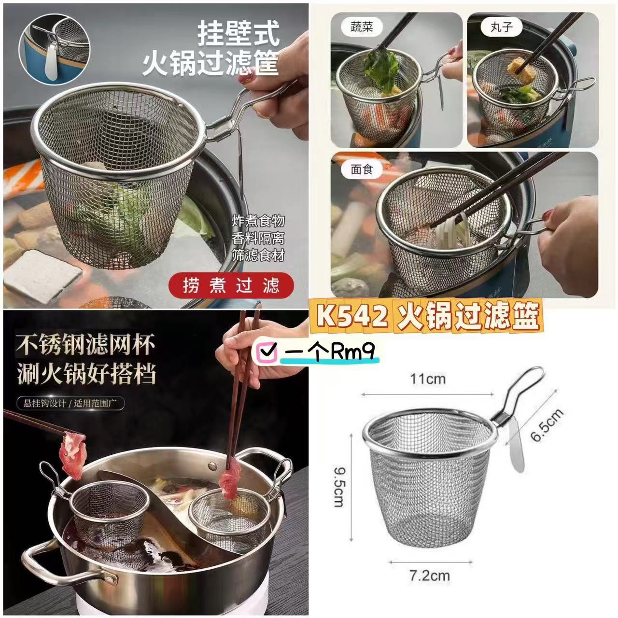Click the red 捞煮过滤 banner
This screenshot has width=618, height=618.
231,285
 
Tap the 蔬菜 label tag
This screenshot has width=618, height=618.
362,27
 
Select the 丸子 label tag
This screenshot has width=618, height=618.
501,27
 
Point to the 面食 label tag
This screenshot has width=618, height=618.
362,169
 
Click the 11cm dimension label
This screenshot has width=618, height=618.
428,379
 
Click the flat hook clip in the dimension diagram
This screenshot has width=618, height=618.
515,445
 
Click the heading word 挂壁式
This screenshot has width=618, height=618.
239,34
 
